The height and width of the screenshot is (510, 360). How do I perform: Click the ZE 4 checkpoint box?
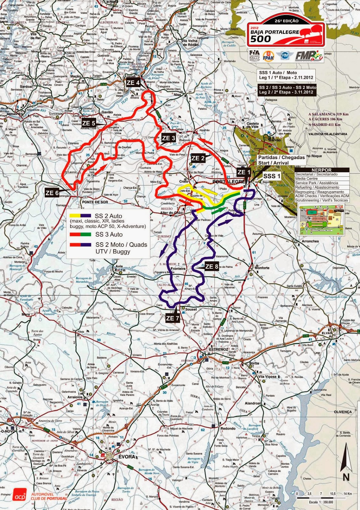(x=133, y=83)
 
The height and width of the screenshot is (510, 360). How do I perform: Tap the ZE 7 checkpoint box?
(x=172, y=318)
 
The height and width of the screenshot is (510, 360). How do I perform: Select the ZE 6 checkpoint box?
(x=52, y=193)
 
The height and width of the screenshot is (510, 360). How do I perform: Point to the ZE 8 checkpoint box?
(x=212, y=266)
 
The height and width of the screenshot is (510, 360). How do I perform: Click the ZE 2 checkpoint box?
(x=198, y=158)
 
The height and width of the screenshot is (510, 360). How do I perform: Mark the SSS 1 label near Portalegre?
(x=272, y=176)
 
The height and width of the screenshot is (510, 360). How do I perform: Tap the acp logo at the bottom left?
(x=20, y=497)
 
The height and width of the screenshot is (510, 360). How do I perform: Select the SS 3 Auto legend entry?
(x=109, y=235)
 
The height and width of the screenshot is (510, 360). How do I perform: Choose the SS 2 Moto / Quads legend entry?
(x=121, y=245)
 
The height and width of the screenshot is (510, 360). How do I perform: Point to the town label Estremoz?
(x=218, y=349)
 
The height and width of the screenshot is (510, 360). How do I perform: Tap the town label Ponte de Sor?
(x=95, y=202)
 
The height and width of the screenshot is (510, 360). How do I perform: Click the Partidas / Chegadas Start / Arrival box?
(x=281, y=160)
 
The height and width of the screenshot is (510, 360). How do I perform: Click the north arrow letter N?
(x=346, y=477)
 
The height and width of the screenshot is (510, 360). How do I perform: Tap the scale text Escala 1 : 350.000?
(x=320, y=502)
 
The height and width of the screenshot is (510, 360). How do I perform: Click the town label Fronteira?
(x=178, y=269)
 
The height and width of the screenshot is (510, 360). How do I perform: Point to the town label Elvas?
(x=326, y=333)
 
